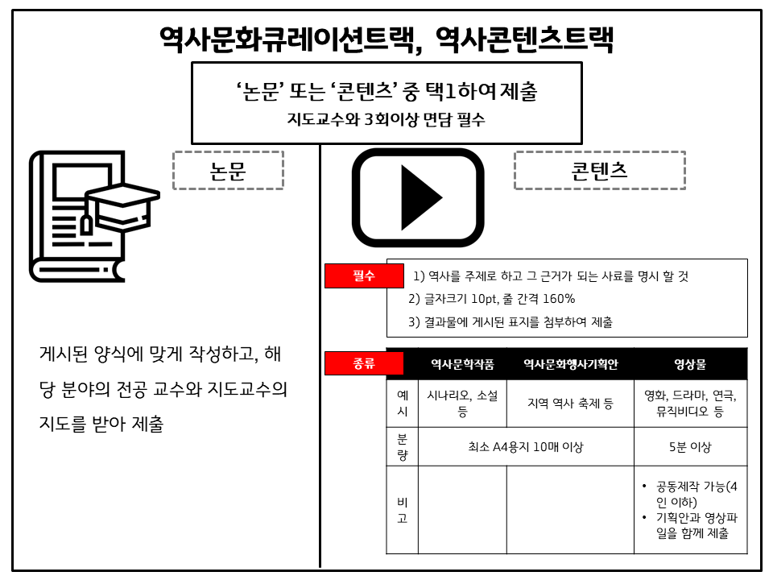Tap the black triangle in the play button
(x=420, y=198)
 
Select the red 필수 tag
(x=364, y=275)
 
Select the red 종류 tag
(x=364, y=363)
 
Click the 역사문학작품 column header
(x=462, y=364)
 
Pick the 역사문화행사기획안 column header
(x=570, y=364)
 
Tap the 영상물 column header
(x=690, y=364)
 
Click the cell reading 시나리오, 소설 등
(x=462, y=404)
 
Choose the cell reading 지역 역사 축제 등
(x=570, y=404)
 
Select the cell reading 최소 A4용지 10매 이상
(x=526, y=447)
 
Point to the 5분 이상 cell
(x=690, y=447)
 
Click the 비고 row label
(x=403, y=510)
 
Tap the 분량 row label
(x=403, y=447)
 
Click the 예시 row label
(x=403, y=404)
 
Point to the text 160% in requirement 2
(x=559, y=299)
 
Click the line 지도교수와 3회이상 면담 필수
(x=386, y=119)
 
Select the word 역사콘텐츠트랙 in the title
(x=524, y=39)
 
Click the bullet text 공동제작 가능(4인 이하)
(x=696, y=494)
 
